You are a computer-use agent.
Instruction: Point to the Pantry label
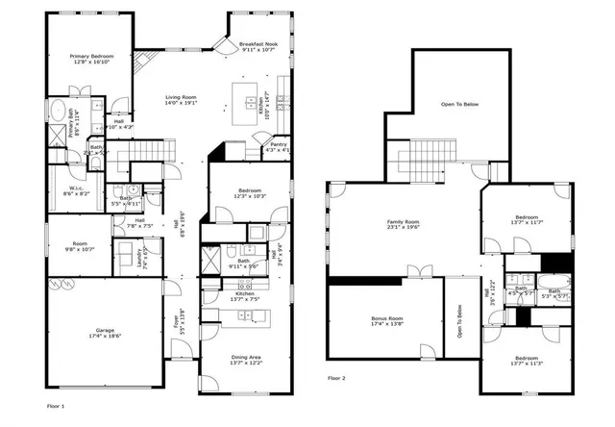coord(278,144)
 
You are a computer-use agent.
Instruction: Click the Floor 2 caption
coord(336,378)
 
